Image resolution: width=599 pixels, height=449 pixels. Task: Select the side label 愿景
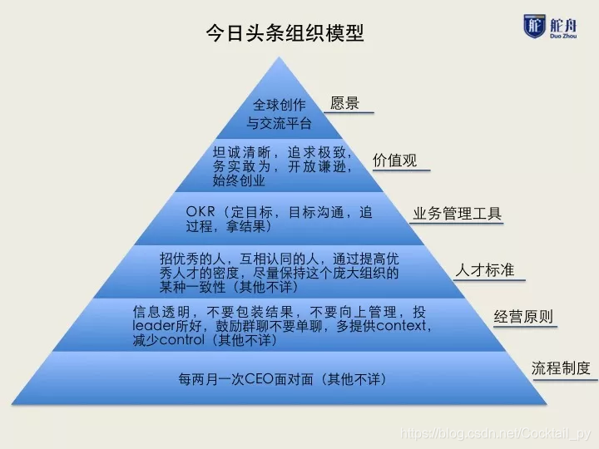coord(344,104)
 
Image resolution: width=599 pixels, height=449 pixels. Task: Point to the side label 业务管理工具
coord(458,214)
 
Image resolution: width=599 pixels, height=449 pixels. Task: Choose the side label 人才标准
coord(484,270)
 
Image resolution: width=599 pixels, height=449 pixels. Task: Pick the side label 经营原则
coord(523,317)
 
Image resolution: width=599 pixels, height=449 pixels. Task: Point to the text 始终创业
coord(239,180)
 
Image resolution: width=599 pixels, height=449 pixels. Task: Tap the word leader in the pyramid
coord(151,326)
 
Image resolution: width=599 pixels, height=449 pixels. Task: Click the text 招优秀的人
coord(192,259)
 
